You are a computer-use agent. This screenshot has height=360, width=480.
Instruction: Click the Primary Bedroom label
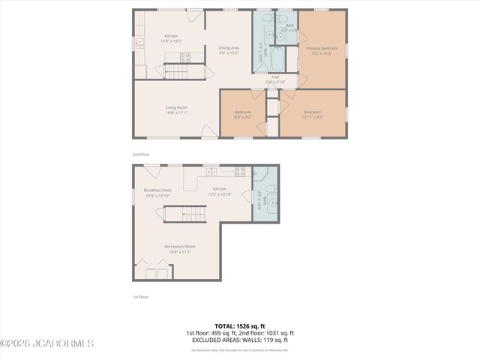pos(322,50)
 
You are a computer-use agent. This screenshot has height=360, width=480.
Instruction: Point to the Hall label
pos(275,79)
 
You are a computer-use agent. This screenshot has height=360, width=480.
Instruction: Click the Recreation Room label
pos(180,248)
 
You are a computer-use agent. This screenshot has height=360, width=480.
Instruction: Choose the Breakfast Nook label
pos(157,192)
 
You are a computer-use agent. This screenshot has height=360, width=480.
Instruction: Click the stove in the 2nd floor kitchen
pos(184,57)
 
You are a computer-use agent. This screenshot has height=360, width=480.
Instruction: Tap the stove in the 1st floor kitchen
pos(240,171)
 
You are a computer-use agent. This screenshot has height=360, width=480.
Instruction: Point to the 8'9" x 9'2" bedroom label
pos(243,114)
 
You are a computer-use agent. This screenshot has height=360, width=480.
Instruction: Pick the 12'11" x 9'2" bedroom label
pos(312,114)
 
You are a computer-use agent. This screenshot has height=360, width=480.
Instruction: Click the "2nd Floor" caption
pos(141,154)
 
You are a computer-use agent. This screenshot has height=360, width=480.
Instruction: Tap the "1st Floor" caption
pos(140,297)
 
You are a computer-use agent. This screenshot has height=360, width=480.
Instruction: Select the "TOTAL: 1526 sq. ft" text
pos(240,326)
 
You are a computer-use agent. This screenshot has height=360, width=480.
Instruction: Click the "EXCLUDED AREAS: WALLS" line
pos(240,340)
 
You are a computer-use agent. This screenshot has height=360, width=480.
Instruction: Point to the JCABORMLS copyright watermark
pos(46,344)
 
